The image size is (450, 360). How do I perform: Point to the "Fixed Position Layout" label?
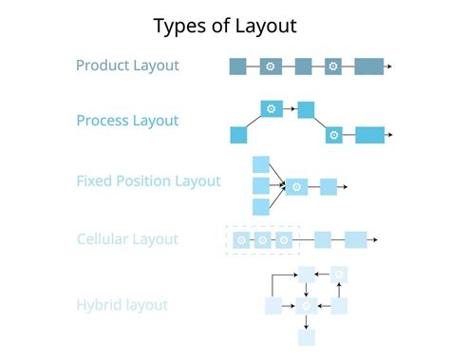coord(148,180)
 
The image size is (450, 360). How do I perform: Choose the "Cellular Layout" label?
coord(127,238)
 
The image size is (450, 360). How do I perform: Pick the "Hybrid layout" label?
coord(122,305)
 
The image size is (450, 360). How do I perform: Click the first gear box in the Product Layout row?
coord(271,66)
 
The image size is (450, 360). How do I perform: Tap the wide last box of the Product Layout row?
coord(369,66)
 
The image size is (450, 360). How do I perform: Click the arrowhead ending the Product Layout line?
coord(389,66)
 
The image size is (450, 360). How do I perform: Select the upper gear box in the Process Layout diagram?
coord(272,109)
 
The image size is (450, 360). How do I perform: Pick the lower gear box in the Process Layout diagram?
coord(333,135)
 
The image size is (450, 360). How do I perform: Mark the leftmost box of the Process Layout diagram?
coord(238,135)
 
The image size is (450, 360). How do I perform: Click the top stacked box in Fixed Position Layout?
coord(261,164)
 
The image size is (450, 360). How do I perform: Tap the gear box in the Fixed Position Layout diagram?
coord(297,186)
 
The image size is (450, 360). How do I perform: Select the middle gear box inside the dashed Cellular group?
coord(263,240)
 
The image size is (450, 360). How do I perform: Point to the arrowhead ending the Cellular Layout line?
coord(376,240)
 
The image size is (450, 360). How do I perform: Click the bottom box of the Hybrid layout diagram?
coord(307,336)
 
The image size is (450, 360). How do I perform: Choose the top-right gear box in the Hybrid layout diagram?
coord(339,275)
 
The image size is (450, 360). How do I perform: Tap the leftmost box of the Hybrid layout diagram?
coord(273,306)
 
